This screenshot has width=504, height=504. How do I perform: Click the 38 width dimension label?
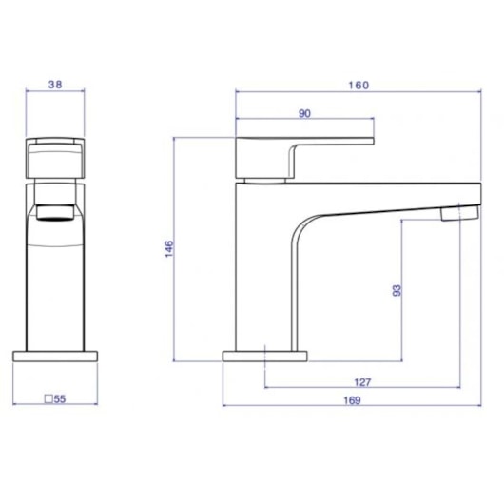(55, 85)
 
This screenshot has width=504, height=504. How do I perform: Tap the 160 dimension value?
(359, 86)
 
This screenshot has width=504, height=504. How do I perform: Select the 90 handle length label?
(304, 113)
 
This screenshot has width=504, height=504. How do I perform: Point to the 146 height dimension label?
(169, 248)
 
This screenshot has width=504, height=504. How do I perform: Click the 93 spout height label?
(397, 290)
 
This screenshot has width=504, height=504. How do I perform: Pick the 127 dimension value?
(362, 382)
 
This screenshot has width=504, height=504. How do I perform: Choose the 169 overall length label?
(352, 400)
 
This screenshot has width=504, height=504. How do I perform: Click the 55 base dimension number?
(60, 399)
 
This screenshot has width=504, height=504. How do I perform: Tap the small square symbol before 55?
(48, 398)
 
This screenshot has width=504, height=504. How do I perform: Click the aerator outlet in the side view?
(459, 213)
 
